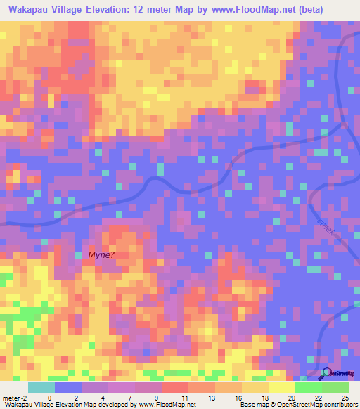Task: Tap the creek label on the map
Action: point(328,228)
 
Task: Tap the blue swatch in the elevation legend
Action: point(68,387)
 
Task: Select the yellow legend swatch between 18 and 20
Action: point(281,387)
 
